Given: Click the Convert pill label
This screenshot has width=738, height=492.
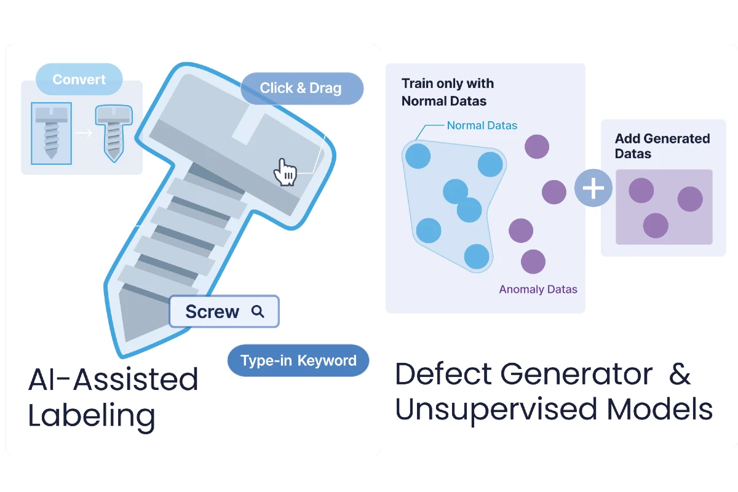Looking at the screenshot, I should (x=79, y=79).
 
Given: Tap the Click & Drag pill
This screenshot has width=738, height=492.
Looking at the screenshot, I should (x=301, y=88).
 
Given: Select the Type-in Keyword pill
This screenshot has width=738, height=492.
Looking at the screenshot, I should (x=298, y=360).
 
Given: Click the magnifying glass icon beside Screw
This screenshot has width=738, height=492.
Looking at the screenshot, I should (x=258, y=312).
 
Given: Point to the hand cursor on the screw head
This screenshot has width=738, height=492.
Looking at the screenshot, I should (x=285, y=172).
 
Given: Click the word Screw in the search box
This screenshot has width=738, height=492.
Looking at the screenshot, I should (x=212, y=312).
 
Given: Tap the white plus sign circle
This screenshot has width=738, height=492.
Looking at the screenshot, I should (x=593, y=188).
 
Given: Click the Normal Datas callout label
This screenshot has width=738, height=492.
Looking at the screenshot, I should (x=482, y=125).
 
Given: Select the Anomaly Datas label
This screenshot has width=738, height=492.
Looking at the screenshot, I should (x=538, y=289).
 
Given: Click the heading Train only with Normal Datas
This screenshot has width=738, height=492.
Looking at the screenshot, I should (x=448, y=92).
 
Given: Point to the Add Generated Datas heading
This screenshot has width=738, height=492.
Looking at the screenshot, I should (x=662, y=146).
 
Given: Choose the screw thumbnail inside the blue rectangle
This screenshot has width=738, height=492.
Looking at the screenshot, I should (x=52, y=133).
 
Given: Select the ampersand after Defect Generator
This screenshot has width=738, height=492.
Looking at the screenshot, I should (x=680, y=374).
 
